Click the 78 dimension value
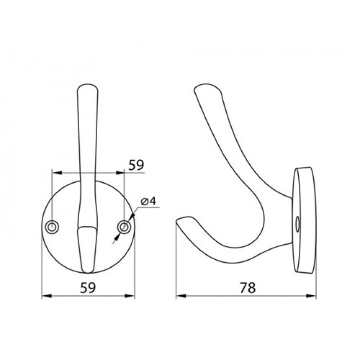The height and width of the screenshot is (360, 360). pyautogui.click(x=247, y=288)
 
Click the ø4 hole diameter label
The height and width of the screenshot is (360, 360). pyautogui.click(x=148, y=201)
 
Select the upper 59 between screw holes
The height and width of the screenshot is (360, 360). pyautogui.click(x=136, y=165)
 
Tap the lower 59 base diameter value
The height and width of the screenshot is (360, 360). pyautogui.click(x=88, y=288)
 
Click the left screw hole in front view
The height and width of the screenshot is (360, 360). pyautogui.click(x=52, y=227)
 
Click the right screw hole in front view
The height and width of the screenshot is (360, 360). pyautogui.click(x=124, y=227)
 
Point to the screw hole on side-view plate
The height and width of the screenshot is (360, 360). pyautogui.click(x=297, y=223)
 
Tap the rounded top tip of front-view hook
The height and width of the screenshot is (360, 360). pyautogui.click(x=88, y=86)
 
